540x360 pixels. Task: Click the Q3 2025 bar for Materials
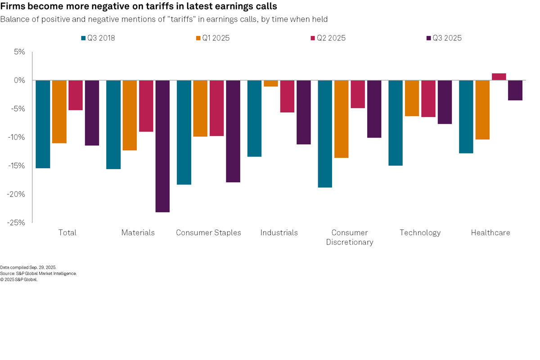(162, 146)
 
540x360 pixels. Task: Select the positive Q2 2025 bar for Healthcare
(499, 77)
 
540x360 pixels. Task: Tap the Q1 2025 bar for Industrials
(270, 83)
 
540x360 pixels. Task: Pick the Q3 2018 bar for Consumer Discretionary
(325, 134)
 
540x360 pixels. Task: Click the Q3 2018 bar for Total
(43, 124)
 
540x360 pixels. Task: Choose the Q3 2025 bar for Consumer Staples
(233, 131)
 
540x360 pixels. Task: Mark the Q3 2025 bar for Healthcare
(515, 90)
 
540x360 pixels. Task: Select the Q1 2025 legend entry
(212, 38)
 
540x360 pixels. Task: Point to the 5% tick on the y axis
(20, 52)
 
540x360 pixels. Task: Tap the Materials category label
(138, 233)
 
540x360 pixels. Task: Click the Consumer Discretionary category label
(350, 237)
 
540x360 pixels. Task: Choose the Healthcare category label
(490, 233)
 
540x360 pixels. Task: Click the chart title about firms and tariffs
(139, 7)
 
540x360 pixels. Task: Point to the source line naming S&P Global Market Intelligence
(38, 273)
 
